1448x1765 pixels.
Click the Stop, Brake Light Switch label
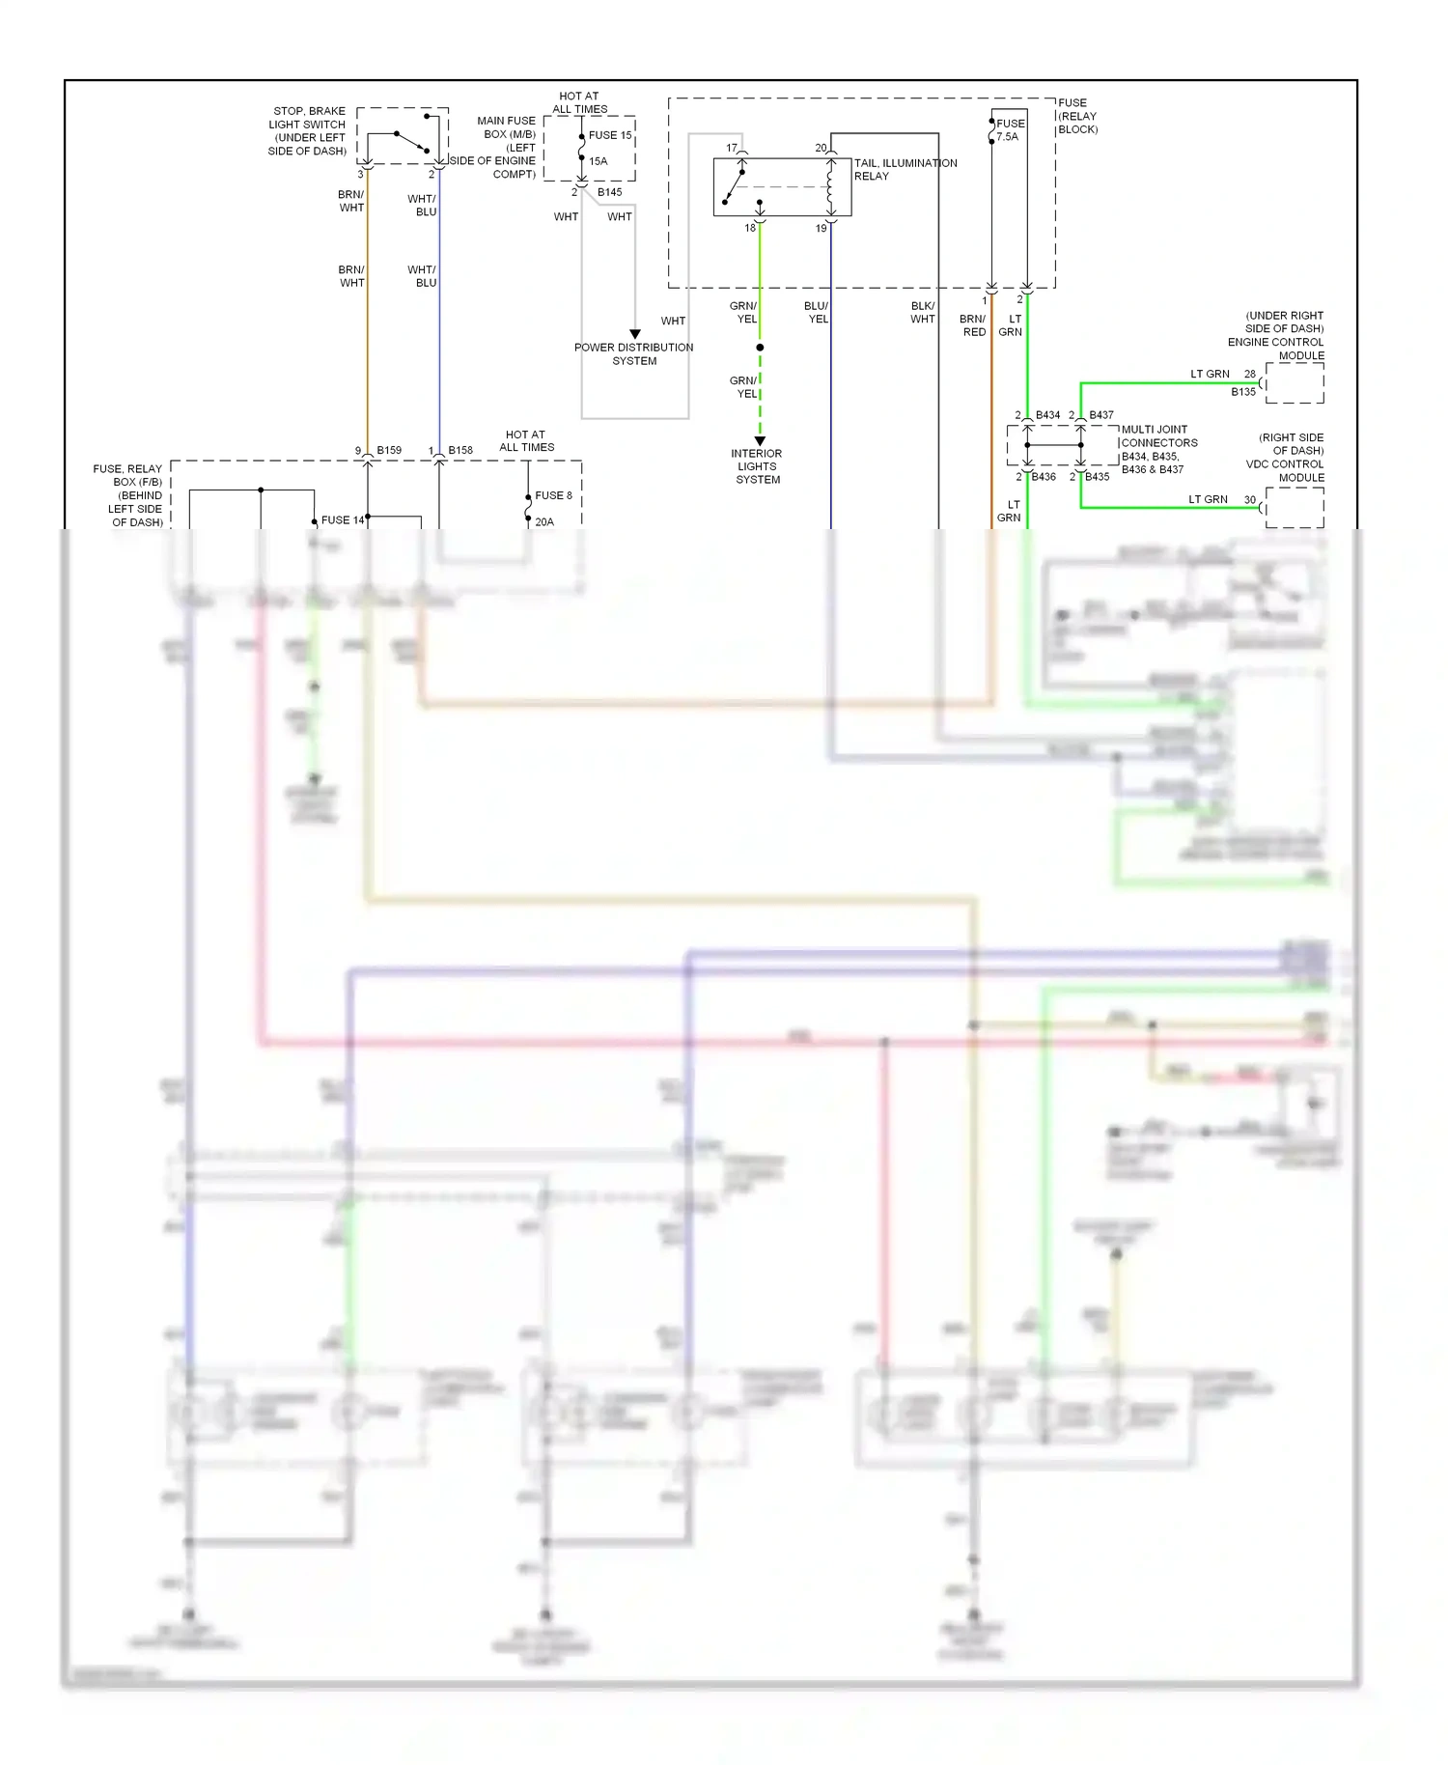tap(307, 131)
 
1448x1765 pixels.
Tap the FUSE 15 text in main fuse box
tap(610, 135)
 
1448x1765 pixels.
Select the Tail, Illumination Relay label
tap(905, 169)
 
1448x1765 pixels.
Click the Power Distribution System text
tap(633, 353)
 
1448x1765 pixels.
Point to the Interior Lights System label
tap(757, 466)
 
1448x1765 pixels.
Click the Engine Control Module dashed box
tap(1294, 383)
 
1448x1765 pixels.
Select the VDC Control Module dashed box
tap(1294, 507)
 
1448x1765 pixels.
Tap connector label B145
tap(609, 192)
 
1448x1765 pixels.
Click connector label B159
tap(389, 450)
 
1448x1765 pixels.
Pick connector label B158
tap(460, 450)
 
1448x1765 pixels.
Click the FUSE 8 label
tap(553, 495)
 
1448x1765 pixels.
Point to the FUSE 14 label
tap(342, 519)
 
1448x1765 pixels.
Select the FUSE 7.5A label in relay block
tap(1010, 129)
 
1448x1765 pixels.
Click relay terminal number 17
tap(732, 148)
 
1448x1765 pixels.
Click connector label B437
tap(1101, 415)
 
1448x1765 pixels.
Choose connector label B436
tap(1044, 477)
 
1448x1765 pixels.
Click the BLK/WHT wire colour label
tap(922, 312)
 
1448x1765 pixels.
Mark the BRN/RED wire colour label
tap(973, 325)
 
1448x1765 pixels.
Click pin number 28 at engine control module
tap(1250, 374)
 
